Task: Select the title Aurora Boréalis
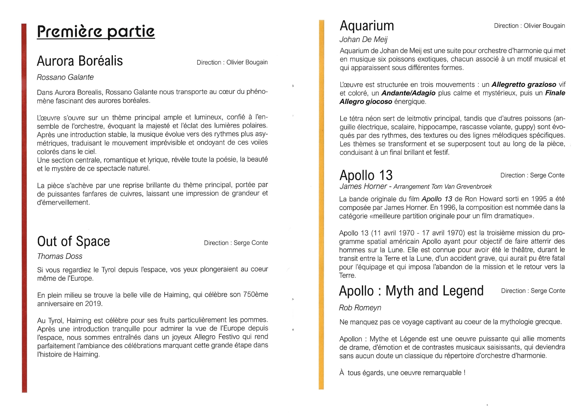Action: click(80, 61)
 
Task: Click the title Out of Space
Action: click(73, 241)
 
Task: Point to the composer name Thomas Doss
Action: click(60, 256)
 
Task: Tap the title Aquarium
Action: click(367, 26)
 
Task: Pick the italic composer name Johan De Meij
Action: click(363, 40)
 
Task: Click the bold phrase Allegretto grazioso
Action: click(524, 85)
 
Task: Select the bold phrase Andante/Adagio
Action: click(408, 93)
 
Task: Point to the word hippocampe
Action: click(435, 127)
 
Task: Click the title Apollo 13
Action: click(366, 176)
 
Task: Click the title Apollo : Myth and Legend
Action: click(411, 291)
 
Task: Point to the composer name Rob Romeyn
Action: click(360, 308)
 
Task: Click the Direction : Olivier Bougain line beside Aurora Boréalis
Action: click(232, 62)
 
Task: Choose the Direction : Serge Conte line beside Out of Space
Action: click(236, 243)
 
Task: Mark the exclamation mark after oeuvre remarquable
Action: click(464, 373)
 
